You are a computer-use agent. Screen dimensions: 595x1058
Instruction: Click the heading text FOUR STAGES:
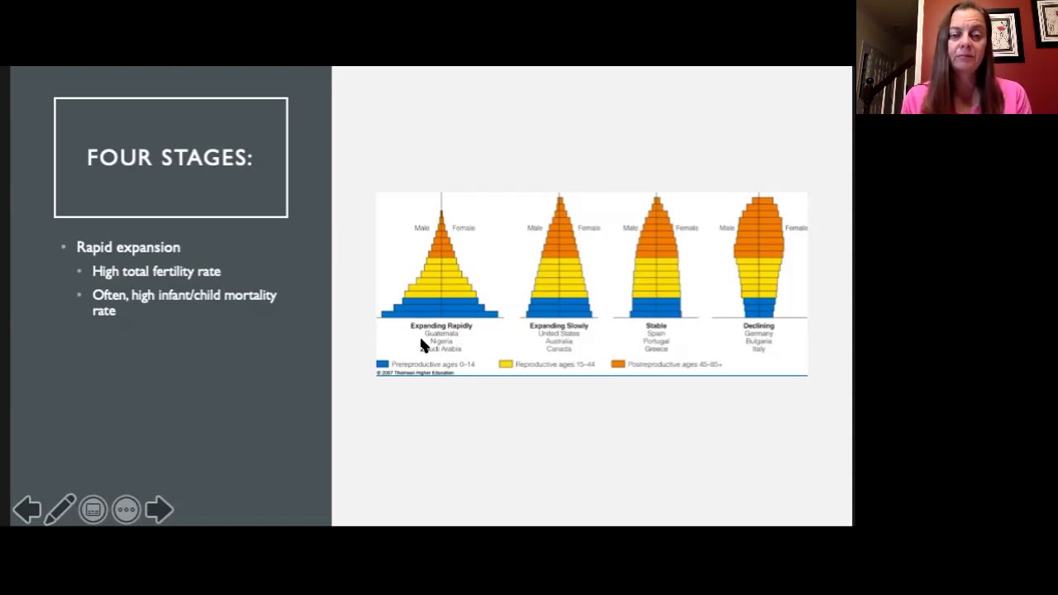click(169, 158)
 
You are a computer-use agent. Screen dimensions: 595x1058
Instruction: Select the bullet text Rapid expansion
click(128, 247)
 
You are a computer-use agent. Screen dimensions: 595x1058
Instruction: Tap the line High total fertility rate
click(156, 271)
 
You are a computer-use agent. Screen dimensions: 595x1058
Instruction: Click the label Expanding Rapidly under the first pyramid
click(441, 326)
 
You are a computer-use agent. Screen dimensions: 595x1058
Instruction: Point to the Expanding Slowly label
click(559, 326)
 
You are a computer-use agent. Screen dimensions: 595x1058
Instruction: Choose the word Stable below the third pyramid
click(656, 326)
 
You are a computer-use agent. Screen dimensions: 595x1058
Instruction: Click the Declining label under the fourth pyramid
click(759, 326)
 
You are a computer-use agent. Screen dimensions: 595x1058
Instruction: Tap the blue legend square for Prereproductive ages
click(382, 364)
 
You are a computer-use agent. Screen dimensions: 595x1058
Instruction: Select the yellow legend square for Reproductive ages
click(506, 364)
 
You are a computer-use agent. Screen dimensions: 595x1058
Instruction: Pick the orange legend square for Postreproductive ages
click(617, 364)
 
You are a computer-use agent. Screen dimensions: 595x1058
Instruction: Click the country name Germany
click(759, 334)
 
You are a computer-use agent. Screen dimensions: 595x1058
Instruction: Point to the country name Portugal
click(656, 341)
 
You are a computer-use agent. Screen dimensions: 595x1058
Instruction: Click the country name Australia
click(559, 341)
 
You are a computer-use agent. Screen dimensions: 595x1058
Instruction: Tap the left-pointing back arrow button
click(26, 510)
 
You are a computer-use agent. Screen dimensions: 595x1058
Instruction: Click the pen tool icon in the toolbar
click(60, 510)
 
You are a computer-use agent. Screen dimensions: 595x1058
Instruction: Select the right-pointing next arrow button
click(159, 510)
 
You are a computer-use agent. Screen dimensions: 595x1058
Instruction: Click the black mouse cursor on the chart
click(424, 345)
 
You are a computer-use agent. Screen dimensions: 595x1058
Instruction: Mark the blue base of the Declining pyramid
click(759, 307)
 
